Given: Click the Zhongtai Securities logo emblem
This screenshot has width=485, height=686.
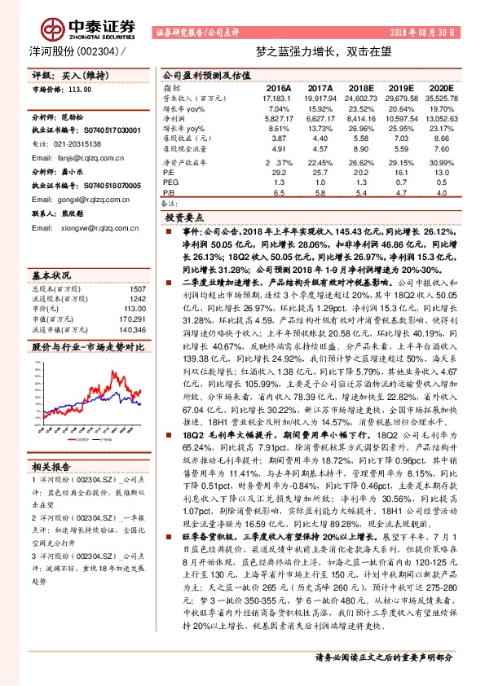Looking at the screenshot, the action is [x=55, y=29].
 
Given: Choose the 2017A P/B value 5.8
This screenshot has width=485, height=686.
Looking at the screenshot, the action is [x=320, y=193].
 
